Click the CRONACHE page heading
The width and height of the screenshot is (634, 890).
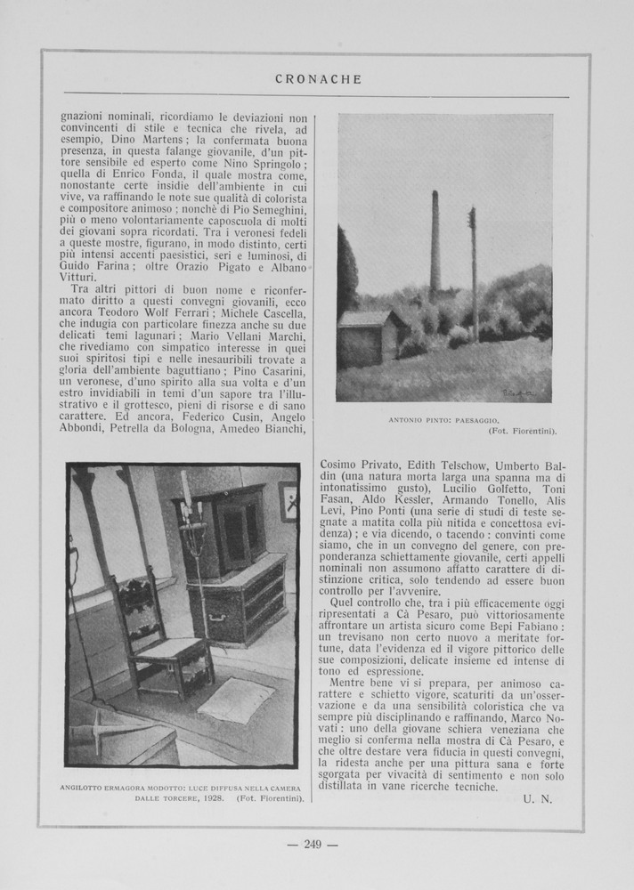(x=318, y=79)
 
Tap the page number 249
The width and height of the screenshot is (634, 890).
(x=312, y=845)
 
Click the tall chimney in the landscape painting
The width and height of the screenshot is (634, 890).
(x=435, y=245)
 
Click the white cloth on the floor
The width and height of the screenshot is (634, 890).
(x=235, y=700)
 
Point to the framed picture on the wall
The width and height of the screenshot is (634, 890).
(x=288, y=501)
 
